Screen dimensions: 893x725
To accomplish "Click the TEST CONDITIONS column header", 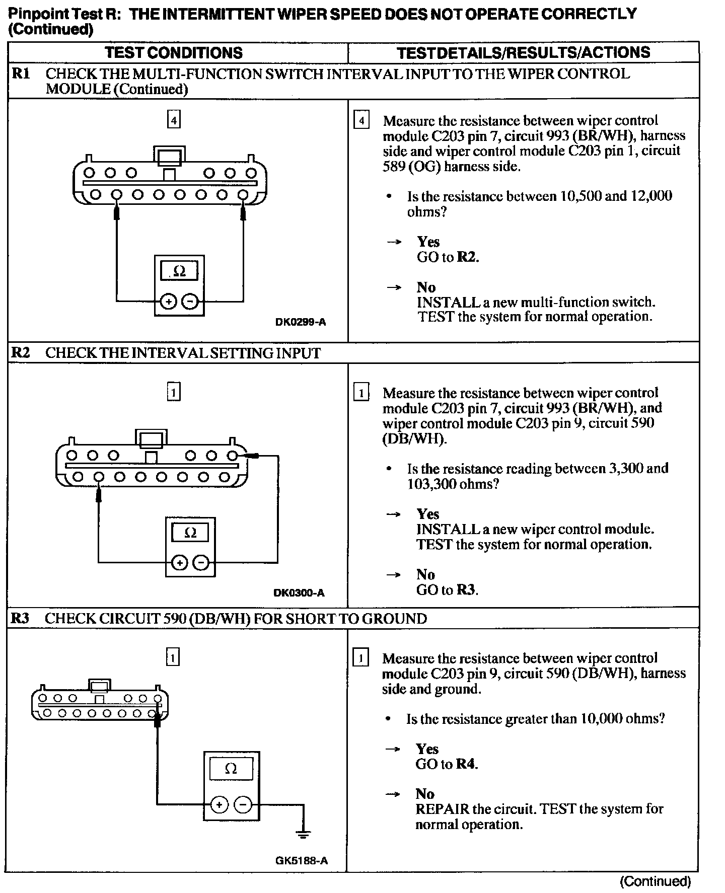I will click(174, 53).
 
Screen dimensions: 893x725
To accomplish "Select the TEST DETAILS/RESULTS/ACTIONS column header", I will click(523, 53).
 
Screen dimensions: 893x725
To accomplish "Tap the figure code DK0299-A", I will click(301, 322).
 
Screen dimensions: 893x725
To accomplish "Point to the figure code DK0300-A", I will click(299, 593).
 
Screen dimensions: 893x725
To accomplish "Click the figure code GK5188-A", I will click(302, 861).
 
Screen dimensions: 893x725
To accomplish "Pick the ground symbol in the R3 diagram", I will click(303, 834).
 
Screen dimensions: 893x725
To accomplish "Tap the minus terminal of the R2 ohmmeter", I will click(201, 562).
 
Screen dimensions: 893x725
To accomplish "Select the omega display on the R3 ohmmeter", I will click(231, 769).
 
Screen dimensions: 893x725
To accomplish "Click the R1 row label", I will click(21, 73).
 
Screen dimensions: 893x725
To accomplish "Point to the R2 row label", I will click(21, 352).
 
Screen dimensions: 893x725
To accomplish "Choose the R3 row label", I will click(20, 618).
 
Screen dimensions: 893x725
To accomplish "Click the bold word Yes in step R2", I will click(427, 514).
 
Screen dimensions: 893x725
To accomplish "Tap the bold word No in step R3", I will click(425, 794).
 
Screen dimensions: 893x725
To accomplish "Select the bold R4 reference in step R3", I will click(466, 764).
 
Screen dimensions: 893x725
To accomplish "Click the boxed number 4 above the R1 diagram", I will click(174, 120).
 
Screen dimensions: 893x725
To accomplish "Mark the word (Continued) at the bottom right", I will click(656, 881).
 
